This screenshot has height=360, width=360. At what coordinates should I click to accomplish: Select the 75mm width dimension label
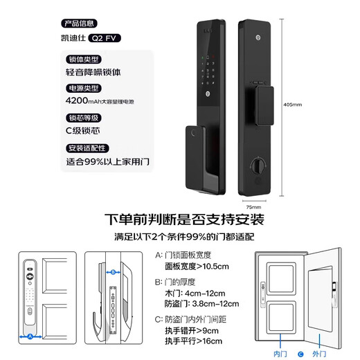coord(253,206)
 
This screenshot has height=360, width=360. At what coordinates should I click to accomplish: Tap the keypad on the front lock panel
coord(208,73)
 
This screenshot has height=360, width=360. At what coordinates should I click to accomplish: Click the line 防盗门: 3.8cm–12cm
coord(201,303)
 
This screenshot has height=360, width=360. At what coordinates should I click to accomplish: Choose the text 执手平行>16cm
coord(193,341)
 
